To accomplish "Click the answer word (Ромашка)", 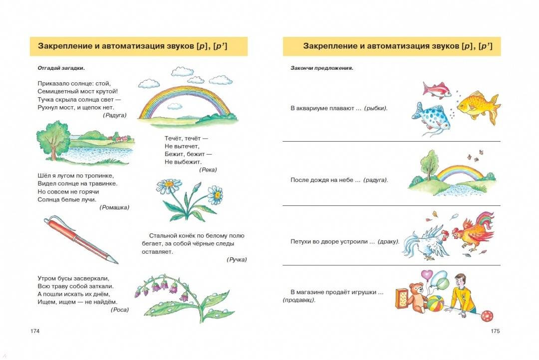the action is (114, 207).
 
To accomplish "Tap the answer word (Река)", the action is (208, 170).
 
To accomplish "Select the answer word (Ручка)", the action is (237, 260).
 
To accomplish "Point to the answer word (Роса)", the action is (120, 310).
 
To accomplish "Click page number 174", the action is (35, 331).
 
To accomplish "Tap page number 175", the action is (495, 331).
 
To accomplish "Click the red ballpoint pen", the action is (80, 239).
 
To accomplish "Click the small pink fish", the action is (437, 90).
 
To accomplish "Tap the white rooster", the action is (426, 242).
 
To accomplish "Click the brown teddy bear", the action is (417, 298).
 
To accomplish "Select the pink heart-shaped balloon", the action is (427, 275).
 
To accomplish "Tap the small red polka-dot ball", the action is (487, 316).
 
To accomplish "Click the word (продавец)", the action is (299, 300).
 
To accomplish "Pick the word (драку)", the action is (388, 242).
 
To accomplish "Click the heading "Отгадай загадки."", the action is (61, 68).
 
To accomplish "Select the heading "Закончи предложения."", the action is (322, 68).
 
